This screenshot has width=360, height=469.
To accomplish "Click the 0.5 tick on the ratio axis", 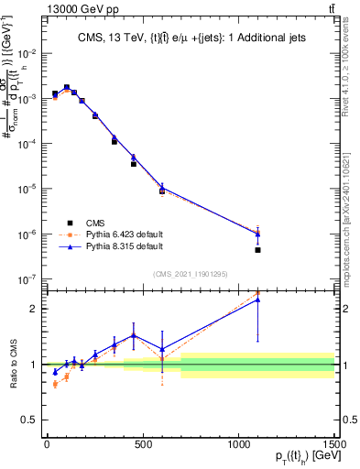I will pos(27,420).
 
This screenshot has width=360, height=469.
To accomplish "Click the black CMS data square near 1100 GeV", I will pos(258,250).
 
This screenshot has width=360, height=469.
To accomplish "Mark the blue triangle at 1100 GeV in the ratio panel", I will pos(258,300).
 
